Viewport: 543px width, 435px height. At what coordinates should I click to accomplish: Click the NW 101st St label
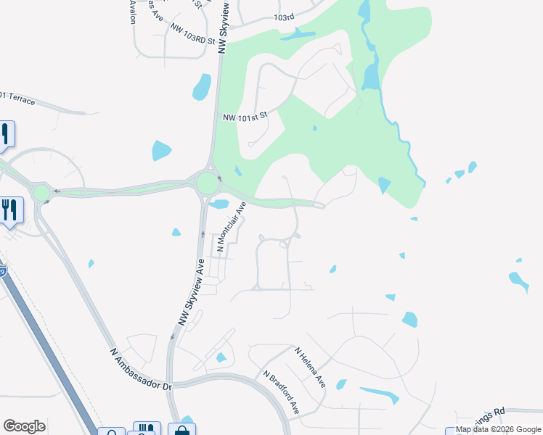coord(245,117)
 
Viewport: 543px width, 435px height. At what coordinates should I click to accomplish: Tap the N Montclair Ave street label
coord(231,228)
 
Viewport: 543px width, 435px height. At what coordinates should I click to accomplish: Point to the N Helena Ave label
coord(310,366)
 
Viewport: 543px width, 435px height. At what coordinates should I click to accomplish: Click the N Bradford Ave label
coord(282,391)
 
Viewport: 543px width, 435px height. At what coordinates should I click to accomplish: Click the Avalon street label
coord(133,12)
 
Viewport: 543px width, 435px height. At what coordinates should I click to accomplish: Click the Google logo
coord(24,426)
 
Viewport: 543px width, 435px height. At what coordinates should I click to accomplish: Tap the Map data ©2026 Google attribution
coord(498,430)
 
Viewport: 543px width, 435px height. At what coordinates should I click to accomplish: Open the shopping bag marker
coord(181,429)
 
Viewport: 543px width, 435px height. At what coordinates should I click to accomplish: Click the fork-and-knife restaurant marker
coord(10,210)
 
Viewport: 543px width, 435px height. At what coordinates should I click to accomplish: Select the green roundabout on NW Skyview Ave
coord(208,183)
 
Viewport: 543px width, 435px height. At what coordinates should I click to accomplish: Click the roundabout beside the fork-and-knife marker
coord(41,193)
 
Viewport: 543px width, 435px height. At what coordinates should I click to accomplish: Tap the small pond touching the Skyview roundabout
coord(219,204)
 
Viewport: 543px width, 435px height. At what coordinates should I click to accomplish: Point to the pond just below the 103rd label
coord(298,33)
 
